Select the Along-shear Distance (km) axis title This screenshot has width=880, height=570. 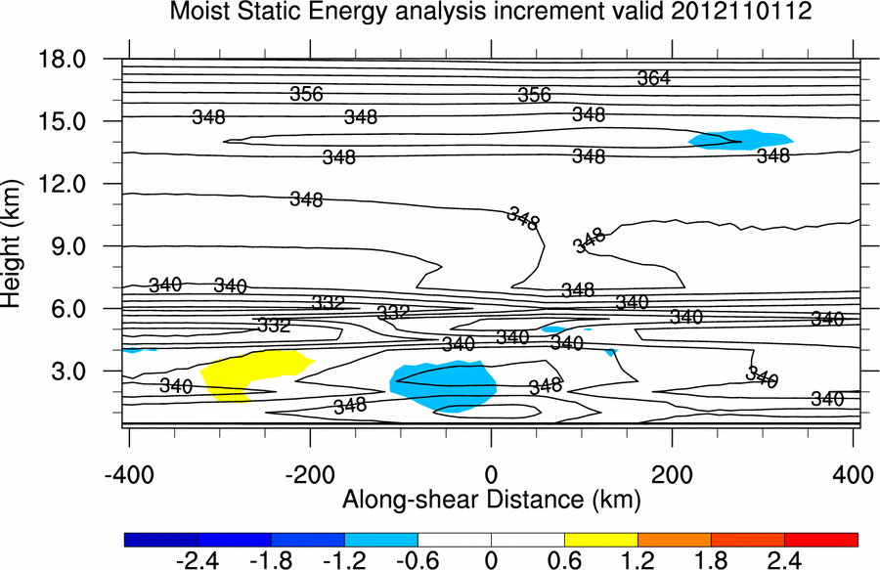pos(490,500)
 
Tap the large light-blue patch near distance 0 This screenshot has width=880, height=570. pos(443,385)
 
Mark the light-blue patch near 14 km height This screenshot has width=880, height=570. pos(741,140)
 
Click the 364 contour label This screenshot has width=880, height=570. pos(653,78)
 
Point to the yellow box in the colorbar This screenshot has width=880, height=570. pos(600,539)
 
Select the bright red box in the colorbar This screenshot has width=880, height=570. pos(820,539)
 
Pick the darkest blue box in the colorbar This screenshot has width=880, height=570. pos(161,539)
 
